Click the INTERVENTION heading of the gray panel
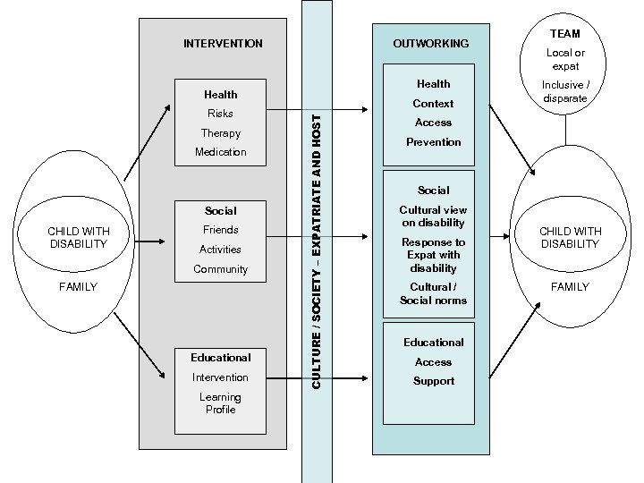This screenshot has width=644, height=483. [223, 43]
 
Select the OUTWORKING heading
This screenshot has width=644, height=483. [430, 44]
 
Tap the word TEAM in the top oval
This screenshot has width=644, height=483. [565, 33]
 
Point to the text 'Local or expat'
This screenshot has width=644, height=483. [565, 59]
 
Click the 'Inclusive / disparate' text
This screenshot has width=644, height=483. [565, 92]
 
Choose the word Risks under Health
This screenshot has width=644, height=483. [220, 114]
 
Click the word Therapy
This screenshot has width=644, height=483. [220, 133]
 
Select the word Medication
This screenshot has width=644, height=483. [220, 152]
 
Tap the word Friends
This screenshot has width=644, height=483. [220, 230]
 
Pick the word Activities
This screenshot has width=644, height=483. [220, 250]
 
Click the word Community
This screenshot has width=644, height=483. [220, 269]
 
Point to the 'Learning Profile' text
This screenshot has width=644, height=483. [220, 403]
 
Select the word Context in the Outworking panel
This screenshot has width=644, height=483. [433, 104]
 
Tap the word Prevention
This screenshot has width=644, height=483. [433, 142]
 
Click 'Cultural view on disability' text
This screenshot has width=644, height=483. [433, 216]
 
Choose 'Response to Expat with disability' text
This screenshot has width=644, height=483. [433, 255]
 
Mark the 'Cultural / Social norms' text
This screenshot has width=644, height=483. [433, 293]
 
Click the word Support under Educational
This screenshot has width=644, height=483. [433, 381]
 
